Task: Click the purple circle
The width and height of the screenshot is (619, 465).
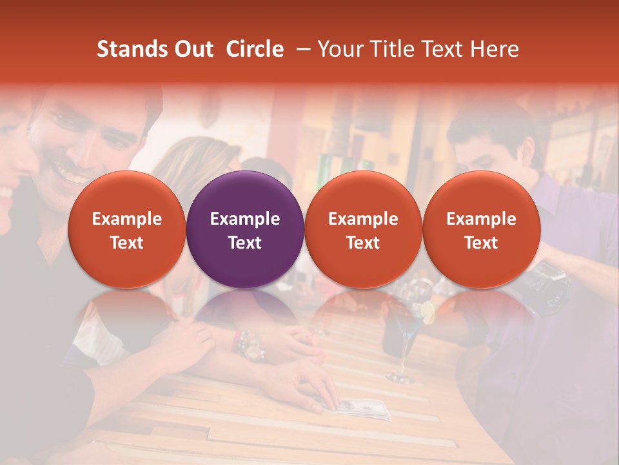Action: pyautogui.click(x=245, y=229)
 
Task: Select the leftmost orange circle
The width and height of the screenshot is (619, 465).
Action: pyautogui.click(x=126, y=229)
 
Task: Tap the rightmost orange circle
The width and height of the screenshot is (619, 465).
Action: pyautogui.click(x=481, y=229)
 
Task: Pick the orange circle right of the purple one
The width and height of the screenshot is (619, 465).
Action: pyautogui.click(x=363, y=229)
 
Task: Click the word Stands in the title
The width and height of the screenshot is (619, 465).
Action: pyautogui.click(x=131, y=49)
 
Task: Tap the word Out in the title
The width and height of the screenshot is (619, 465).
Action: pyautogui.click(x=192, y=49)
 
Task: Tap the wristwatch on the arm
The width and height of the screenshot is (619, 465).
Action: pyautogui.click(x=253, y=346)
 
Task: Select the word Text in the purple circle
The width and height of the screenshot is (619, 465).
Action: pyautogui.click(x=245, y=243)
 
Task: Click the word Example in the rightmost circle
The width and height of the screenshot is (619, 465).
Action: pyautogui.click(x=481, y=219)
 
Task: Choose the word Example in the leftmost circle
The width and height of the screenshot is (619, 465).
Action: pyautogui.click(x=126, y=219)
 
